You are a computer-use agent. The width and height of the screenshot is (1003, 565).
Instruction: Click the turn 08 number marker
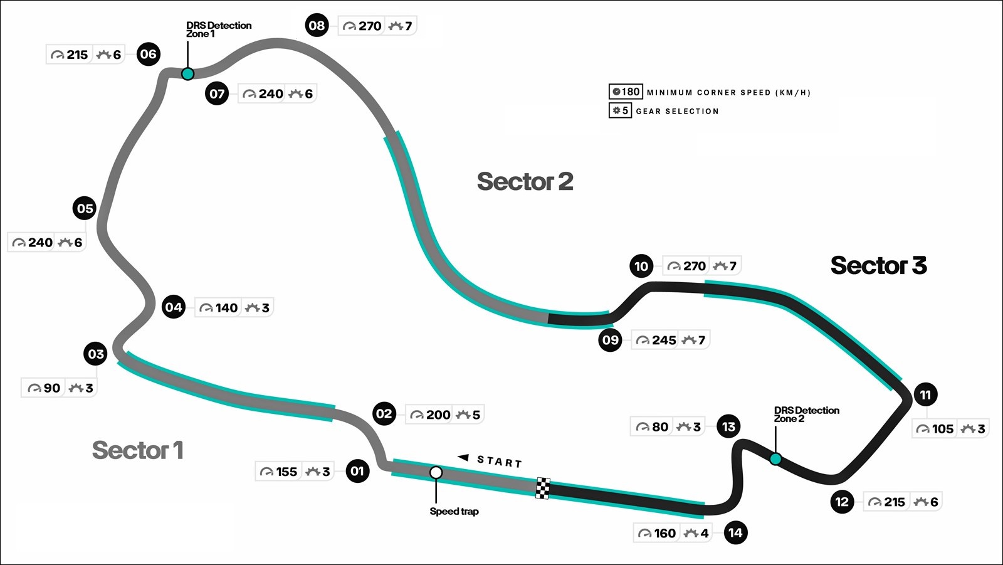click(317, 26)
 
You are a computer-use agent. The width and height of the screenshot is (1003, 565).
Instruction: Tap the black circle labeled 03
click(96, 354)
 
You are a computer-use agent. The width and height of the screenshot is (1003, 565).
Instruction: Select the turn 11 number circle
click(925, 394)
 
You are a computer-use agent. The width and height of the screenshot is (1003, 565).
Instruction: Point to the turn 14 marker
click(736, 533)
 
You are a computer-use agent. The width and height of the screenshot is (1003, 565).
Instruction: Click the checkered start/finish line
click(543, 488)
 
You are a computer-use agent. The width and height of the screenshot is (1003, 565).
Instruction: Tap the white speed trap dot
click(436, 473)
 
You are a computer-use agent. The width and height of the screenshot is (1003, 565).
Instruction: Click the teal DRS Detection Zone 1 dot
click(187, 74)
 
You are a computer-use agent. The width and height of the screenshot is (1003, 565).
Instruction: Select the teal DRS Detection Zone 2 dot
click(775, 459)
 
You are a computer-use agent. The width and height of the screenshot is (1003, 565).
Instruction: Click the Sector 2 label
click(525, 181)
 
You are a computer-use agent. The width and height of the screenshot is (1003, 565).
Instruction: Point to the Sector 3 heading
click(878, 265)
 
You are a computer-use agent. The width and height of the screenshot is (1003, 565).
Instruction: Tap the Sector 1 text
click(138, 450)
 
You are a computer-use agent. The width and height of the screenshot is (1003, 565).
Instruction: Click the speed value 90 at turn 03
click(52, 388)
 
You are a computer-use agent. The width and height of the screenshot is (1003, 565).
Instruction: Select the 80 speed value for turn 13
click(660, 427)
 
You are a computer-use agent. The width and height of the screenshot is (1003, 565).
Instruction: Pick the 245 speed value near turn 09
click(664, 341)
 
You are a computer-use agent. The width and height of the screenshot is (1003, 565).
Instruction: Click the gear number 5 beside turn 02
click(476, 415)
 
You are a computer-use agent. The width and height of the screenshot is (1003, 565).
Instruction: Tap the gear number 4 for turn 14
click(705, 533)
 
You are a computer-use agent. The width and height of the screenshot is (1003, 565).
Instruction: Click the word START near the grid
click(500, 462)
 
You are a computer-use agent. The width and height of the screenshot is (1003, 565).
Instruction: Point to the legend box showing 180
click(626, 92)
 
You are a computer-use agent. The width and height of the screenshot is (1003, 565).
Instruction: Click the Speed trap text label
click(454, 511)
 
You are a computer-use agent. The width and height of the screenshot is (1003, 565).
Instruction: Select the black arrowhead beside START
click(463, 458)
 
